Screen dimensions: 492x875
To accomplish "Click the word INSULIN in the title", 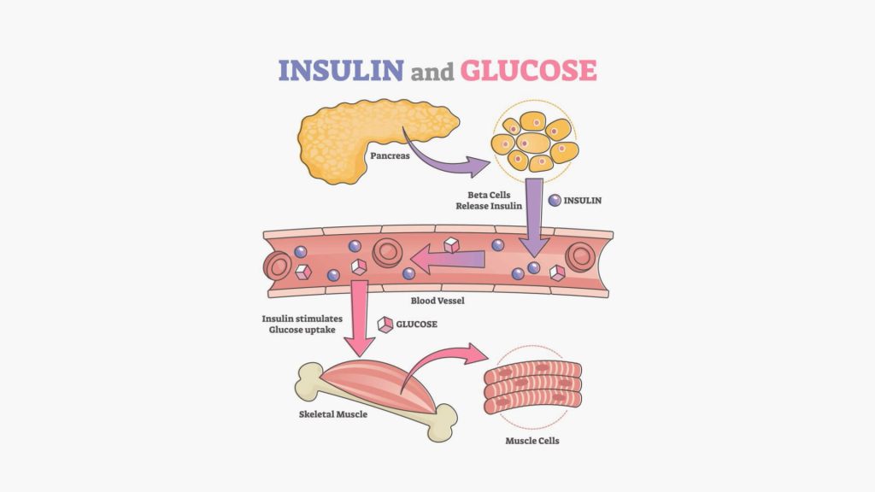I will [340, 69].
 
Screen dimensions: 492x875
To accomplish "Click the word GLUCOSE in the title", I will [528, 69].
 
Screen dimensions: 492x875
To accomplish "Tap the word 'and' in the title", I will [432, 72].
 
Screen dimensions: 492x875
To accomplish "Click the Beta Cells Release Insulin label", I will [490, 201].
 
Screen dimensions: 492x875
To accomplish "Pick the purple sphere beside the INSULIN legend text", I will [555, 201].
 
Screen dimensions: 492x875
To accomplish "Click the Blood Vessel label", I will [437, 301].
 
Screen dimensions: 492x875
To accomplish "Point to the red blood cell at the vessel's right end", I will [581, 255].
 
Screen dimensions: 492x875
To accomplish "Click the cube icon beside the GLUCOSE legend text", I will [386, 325].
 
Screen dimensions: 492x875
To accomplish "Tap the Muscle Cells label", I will [531, 441].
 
